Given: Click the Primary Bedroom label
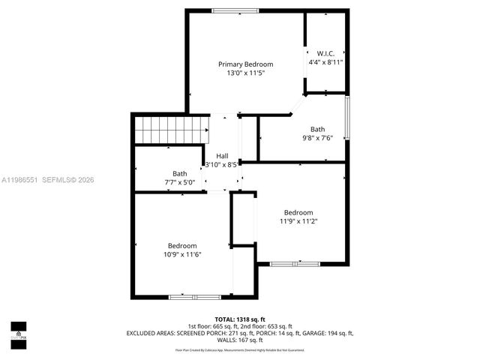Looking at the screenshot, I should pyautogui.click(x=245, y=64).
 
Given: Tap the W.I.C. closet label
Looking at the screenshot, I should pyautogui.click(x=325, y=53).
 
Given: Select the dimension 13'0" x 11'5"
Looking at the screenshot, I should pyautogui.click(x=245, y=73).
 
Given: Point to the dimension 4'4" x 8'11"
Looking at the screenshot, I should pyautogui.click(x=325, y=62).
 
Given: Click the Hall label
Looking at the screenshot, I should pyautogui.click(x=222, y=156).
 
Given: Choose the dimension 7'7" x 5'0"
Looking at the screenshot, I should pyautogui.click(x=180, y=182).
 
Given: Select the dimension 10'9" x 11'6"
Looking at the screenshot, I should pyautogui.click(x=182, y=255).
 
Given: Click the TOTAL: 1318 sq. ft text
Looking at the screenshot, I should pyautogui.click(x=239, y=319).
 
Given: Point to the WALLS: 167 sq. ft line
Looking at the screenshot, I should pyautogui.click(x=240, y=340).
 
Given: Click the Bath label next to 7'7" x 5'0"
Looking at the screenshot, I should pyautogui.click(x=180, y=173).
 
